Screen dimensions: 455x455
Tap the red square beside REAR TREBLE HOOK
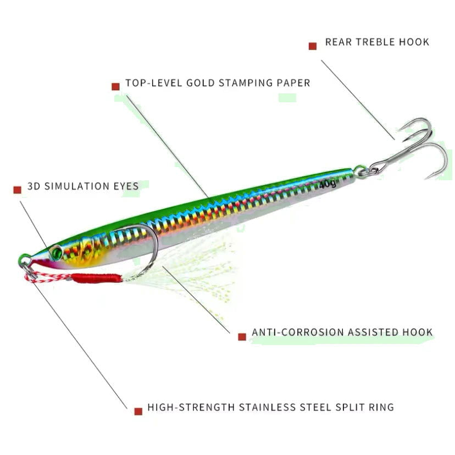(x=313, y=46)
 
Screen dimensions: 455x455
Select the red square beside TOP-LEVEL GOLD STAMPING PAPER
(x=115, y=86)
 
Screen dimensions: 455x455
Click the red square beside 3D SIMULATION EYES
(x=17, y=190)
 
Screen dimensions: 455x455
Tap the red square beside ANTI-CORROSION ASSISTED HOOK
(x=242, y=336)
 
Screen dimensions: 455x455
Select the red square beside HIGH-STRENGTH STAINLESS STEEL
(x=138, y=411)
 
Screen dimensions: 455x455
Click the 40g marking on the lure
(x=328, y=184)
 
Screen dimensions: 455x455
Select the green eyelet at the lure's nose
(x=24, y=258)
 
